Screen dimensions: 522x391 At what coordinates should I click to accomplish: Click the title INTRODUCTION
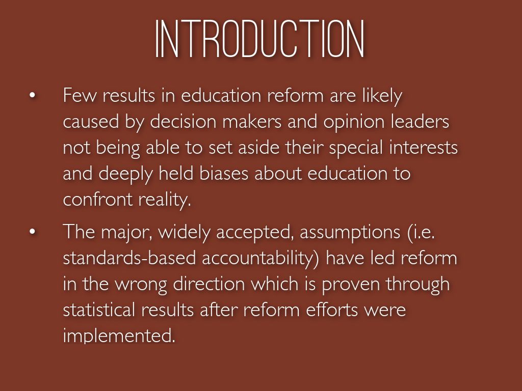[260, 39]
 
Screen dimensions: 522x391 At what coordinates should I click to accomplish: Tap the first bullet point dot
[32, 95]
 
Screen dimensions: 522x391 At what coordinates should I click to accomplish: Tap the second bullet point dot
[32, 232]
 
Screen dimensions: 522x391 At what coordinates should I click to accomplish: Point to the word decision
[183, 121]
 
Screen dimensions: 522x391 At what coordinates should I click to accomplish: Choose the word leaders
[420, 121]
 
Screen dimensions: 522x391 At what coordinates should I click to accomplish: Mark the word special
[356, 149]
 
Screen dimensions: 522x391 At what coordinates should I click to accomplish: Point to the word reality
[165, 201]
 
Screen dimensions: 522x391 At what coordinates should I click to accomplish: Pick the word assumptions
[350, 233]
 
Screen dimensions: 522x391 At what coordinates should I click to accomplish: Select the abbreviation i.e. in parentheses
[421, 232]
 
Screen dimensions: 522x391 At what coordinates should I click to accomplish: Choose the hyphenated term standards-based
[129, 258]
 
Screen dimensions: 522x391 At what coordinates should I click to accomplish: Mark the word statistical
[99, 310]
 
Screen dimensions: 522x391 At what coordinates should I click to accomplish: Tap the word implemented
[119, 336]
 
